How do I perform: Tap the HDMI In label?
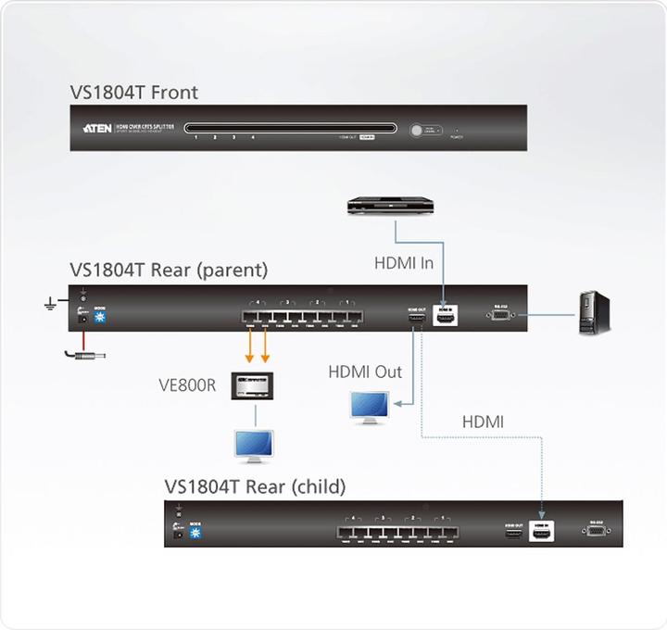[403, 262]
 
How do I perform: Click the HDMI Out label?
[365, 372]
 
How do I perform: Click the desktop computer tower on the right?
[591, 313]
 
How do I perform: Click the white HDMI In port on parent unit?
[447, 318]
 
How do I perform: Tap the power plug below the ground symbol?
[83, 353]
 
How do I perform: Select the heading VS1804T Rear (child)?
[255, 486]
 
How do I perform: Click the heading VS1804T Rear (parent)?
[169, 271]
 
